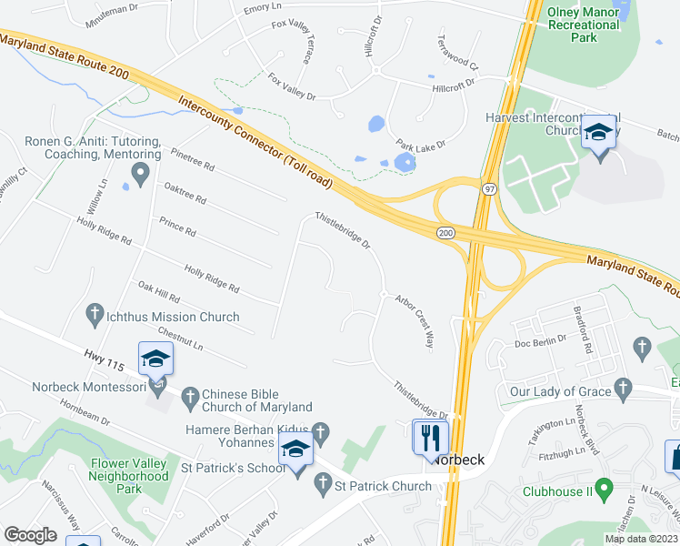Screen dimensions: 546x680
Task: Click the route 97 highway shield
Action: click(488, 187)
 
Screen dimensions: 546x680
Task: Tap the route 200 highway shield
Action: click(445, 234)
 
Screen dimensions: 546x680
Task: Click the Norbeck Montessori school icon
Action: click(155, 359)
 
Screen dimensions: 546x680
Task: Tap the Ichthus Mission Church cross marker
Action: click(93, 317)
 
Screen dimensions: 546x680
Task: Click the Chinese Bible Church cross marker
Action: click(189, 397)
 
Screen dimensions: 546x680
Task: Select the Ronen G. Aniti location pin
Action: click(139, 173)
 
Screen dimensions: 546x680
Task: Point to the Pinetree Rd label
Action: click(190, 160)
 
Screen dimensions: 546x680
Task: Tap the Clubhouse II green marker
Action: click(510, 491)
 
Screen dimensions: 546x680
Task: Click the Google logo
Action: click(30, 535)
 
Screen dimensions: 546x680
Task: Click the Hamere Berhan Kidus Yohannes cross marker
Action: click(319, 429)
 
